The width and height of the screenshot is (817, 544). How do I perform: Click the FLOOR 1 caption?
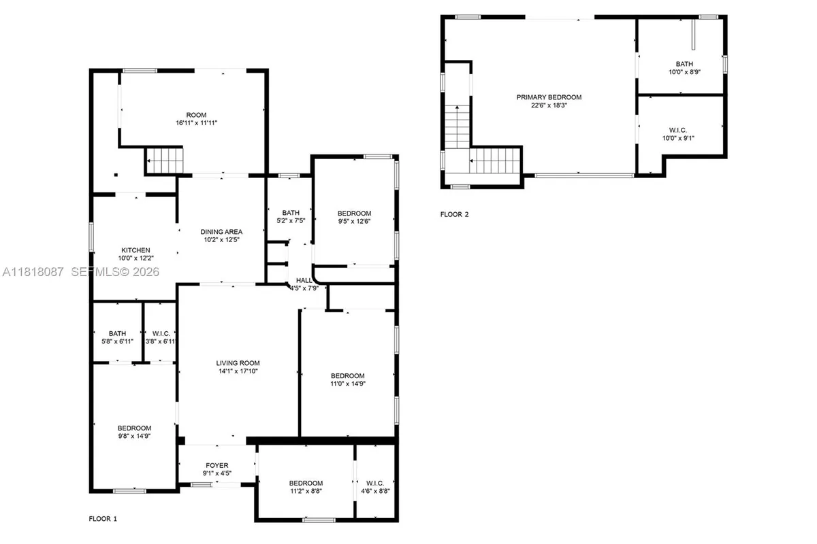pos(103,519)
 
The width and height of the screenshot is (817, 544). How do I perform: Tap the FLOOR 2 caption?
pos(455,214)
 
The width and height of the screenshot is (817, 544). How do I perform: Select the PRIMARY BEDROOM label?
pos(549,97)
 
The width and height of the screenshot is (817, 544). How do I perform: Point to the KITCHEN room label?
pos(135,250)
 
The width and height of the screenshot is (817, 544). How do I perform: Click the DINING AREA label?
pos(221,231)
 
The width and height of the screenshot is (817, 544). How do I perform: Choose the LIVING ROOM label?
pos(238,362)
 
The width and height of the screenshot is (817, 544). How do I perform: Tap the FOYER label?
pos(217,466)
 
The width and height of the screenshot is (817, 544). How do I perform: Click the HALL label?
pos(304,280)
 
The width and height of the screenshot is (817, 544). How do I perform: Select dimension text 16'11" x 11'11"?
pos(196,123)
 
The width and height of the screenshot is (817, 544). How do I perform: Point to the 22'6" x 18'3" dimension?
pos(549,105)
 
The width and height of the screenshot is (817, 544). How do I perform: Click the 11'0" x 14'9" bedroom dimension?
pos(347,384)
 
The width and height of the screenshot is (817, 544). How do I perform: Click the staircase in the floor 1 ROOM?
pos(165,161)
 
